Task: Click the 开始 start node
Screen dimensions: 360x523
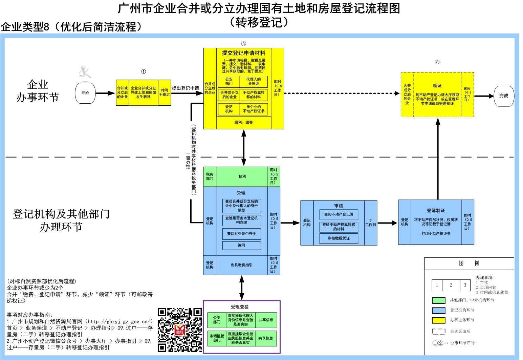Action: (x=85, y=93)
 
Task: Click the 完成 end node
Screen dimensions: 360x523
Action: (x=504, y=96)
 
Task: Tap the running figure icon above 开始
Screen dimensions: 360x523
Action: (x=84, y=72)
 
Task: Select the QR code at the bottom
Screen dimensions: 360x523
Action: (x=180, y=330)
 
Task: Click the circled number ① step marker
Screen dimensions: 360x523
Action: (x=144, y=71)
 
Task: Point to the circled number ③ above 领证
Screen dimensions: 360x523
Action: (x=437, y=62)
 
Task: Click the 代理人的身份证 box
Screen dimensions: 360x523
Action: (x=254, y=82)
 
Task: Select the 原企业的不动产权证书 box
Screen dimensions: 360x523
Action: (x=254, y=109)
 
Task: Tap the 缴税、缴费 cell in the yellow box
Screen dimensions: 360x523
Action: (x=244, y=122)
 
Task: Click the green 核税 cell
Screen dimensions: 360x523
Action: (x=242, y=176)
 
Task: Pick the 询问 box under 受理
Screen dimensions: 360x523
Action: (x=241, y=245)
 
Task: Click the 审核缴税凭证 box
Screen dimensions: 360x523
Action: (x=339, y=238)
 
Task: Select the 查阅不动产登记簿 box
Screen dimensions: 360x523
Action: (x=339, y=214)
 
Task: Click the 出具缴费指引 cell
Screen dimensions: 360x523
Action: (x=241, y=265)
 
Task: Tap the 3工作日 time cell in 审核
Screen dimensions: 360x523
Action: (x=370, y=223)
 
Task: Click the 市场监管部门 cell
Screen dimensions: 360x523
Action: (x=217, y=338)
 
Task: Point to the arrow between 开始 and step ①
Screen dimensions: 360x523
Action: (x=105, y=93)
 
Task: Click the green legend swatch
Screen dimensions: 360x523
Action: (x=438, y=300)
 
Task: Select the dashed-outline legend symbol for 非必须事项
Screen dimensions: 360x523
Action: (x=438, y=332)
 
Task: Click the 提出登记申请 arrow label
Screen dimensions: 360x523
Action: (x=186, y=88)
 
